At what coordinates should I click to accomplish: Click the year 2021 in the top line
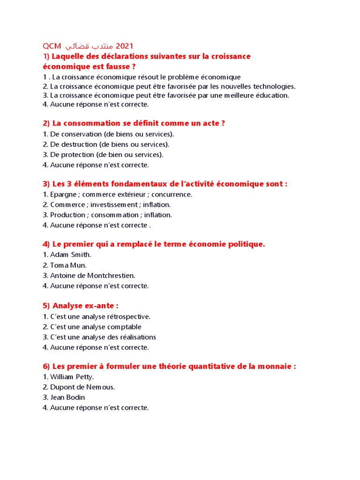tap(124, 46)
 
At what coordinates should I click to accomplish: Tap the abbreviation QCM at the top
tap(52, 46)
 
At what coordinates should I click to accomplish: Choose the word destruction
tap(77, 144)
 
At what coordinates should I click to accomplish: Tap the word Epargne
tap(61, 194)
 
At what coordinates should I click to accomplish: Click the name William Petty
tap(72, 376)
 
